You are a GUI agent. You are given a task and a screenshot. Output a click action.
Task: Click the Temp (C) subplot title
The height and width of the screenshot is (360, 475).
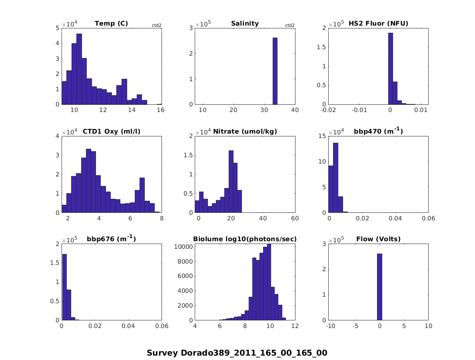click(x=111, y=24)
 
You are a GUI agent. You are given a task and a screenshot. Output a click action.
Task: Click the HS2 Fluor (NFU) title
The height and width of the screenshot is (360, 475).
click(x=378, y=24)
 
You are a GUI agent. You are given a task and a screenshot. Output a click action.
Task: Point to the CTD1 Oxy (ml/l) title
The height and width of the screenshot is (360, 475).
click(x=111, y=132)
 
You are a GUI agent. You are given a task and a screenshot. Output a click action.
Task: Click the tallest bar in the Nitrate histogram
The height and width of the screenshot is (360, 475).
click(x=231, y=181)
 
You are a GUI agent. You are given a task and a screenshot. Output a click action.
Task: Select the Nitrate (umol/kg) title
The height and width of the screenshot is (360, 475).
click(x=245, y=132)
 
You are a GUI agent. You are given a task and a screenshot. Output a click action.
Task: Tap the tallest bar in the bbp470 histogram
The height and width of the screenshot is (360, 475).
click(x=336, y=178)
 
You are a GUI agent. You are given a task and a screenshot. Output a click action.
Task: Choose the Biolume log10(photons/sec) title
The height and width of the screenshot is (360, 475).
click(x=245, y=239)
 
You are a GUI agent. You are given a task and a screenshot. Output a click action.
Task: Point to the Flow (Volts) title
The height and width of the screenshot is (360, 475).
click(x=378, y=239)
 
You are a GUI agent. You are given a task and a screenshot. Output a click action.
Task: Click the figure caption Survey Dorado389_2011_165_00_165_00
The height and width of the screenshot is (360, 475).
click(x=237, y=353)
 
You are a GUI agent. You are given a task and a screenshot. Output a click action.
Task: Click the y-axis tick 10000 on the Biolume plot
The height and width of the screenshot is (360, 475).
click(x=183, y=246)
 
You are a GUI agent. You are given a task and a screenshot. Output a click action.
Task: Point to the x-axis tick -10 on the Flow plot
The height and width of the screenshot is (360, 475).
click(x=331, y=326)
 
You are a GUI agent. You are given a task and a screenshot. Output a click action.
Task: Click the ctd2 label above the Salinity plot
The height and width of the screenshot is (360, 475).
click(x=290, y=25)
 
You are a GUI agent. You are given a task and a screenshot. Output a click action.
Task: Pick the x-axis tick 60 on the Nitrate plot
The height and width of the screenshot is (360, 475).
click(x=295, y=218)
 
